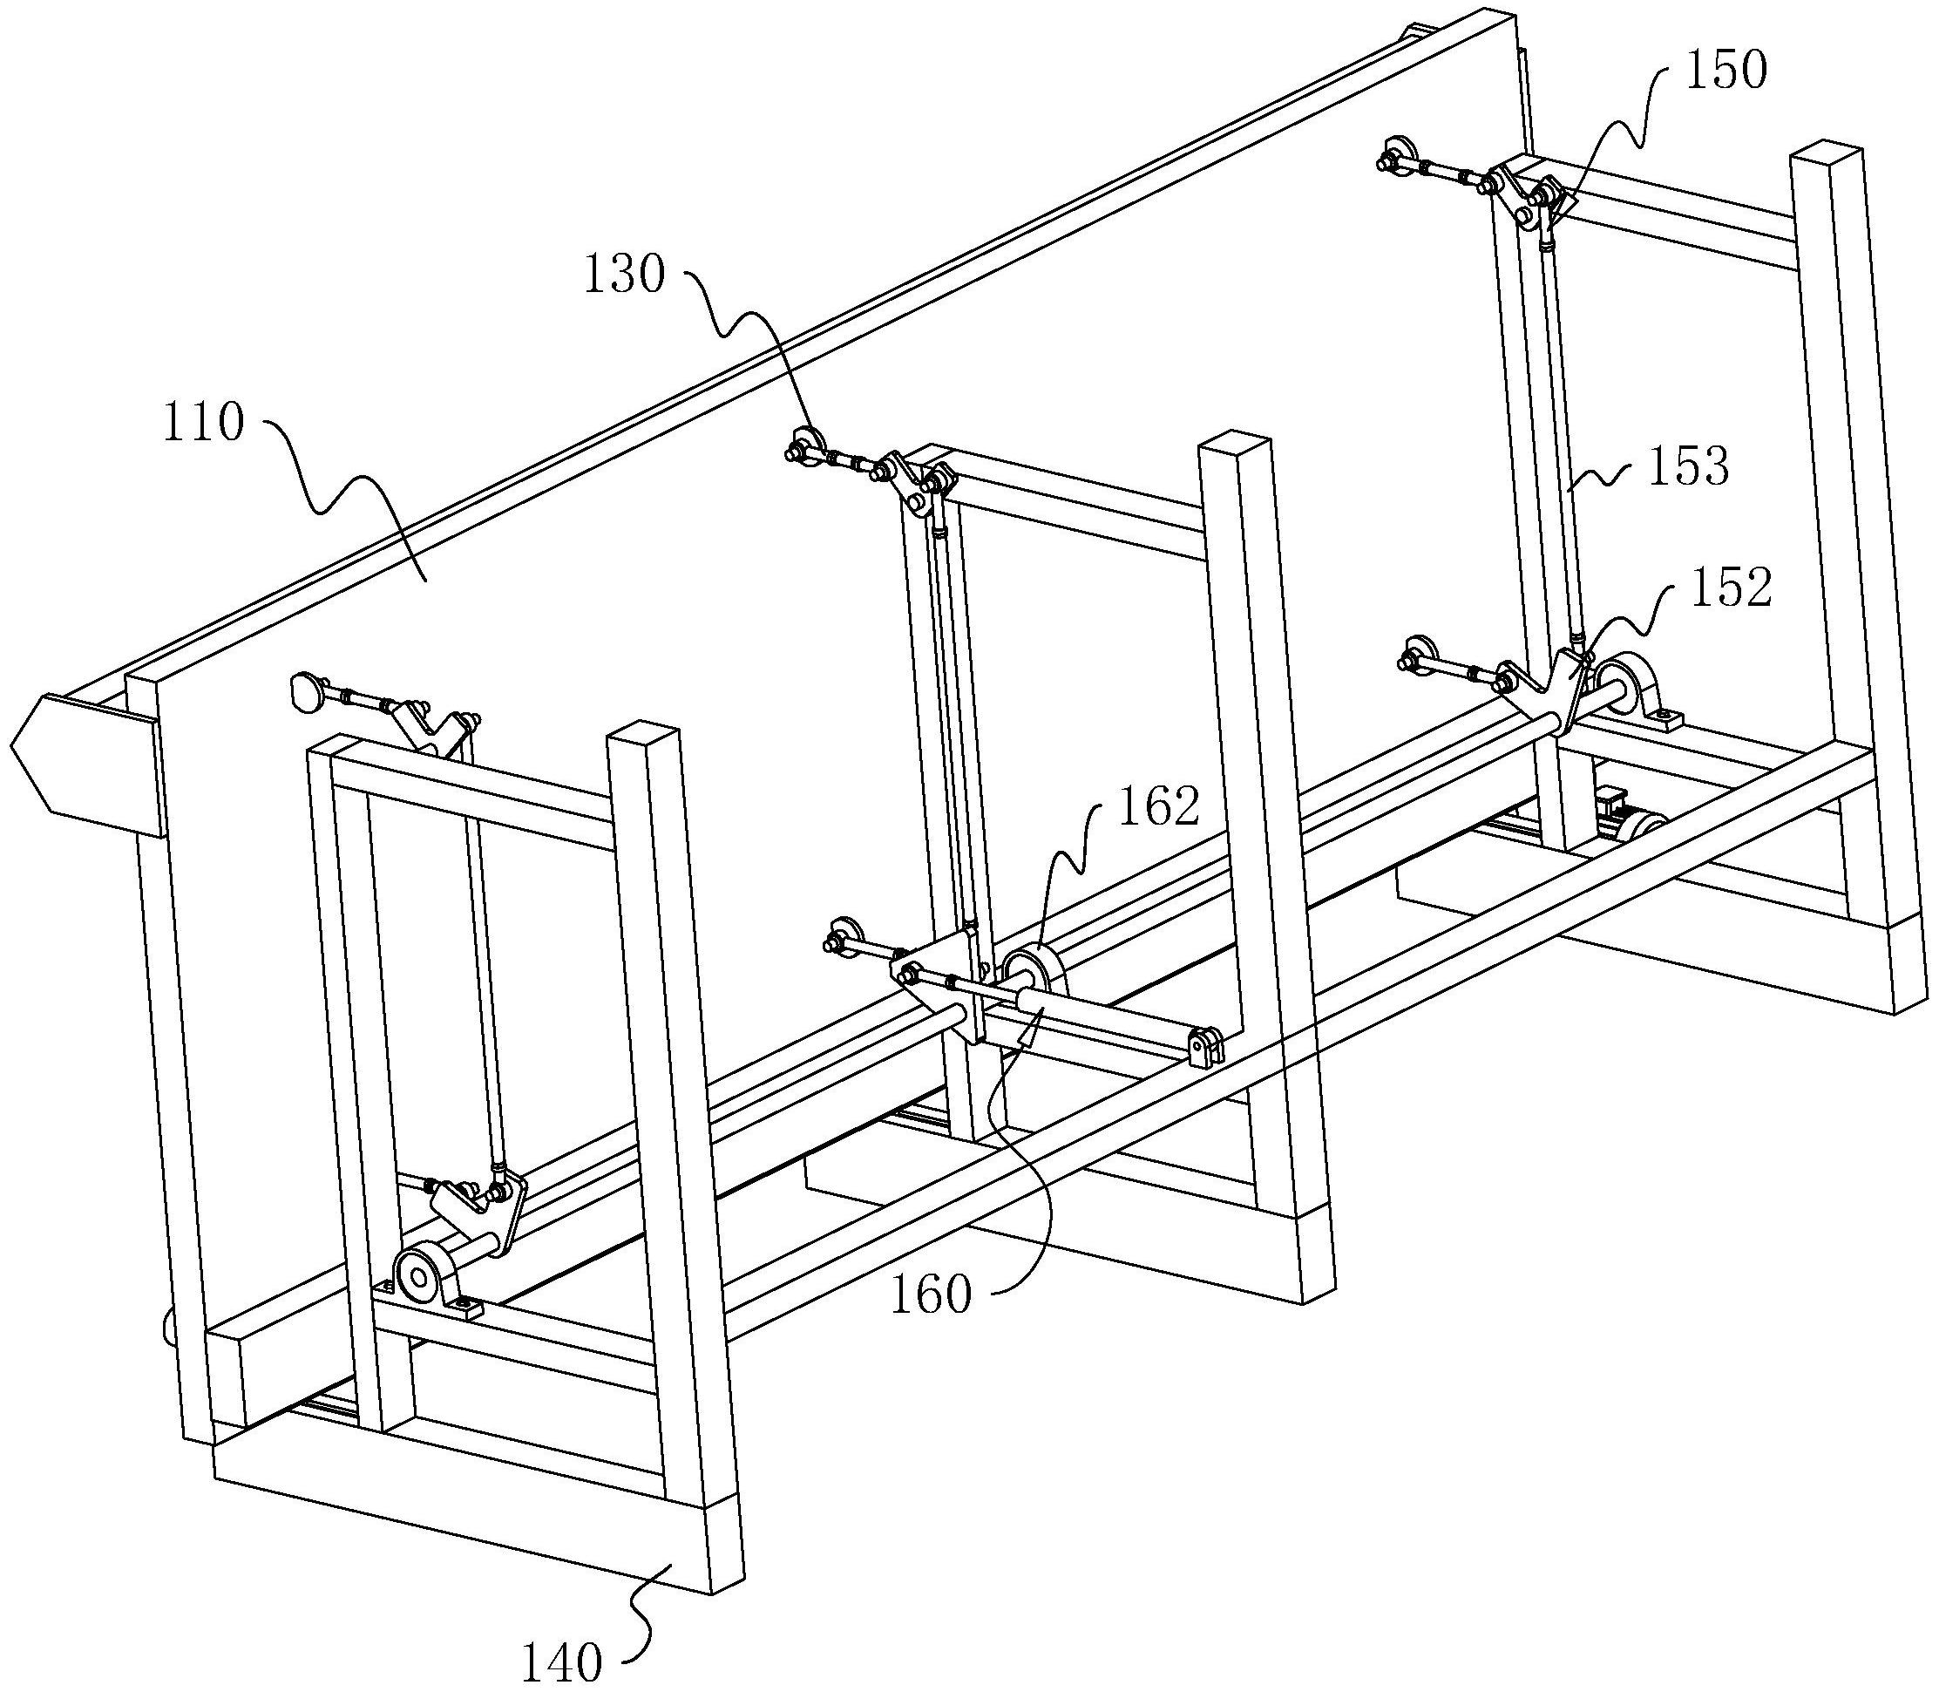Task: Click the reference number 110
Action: [x=204, y=423]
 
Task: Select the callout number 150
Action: [x=1725, y=71]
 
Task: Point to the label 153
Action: [x=1688, y=466]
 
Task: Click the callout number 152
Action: [x=1732, y=588]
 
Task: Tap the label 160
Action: [x=930, y=1294]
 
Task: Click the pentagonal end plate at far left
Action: [x=85, y=764]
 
